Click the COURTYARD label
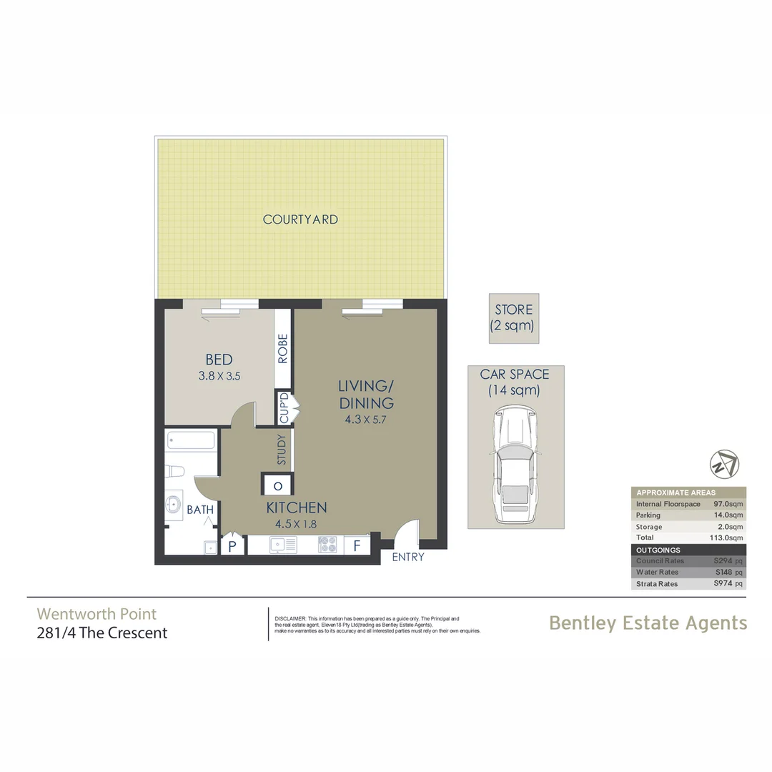(300, 219)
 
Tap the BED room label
(219, 360)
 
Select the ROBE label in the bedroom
(283, 349)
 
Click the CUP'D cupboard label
(283, 407)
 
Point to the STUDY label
(282, 450)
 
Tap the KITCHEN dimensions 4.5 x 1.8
(296, 524)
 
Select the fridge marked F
(355, 546)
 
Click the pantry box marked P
(232, 547)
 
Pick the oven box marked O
(277, 486)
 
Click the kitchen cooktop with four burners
(327, 545)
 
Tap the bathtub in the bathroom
(191, 440)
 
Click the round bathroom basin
(174, 503)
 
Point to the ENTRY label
(408, 557)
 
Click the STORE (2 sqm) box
(514, 318)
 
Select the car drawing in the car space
(514, 466)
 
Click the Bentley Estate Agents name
(648, 623)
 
